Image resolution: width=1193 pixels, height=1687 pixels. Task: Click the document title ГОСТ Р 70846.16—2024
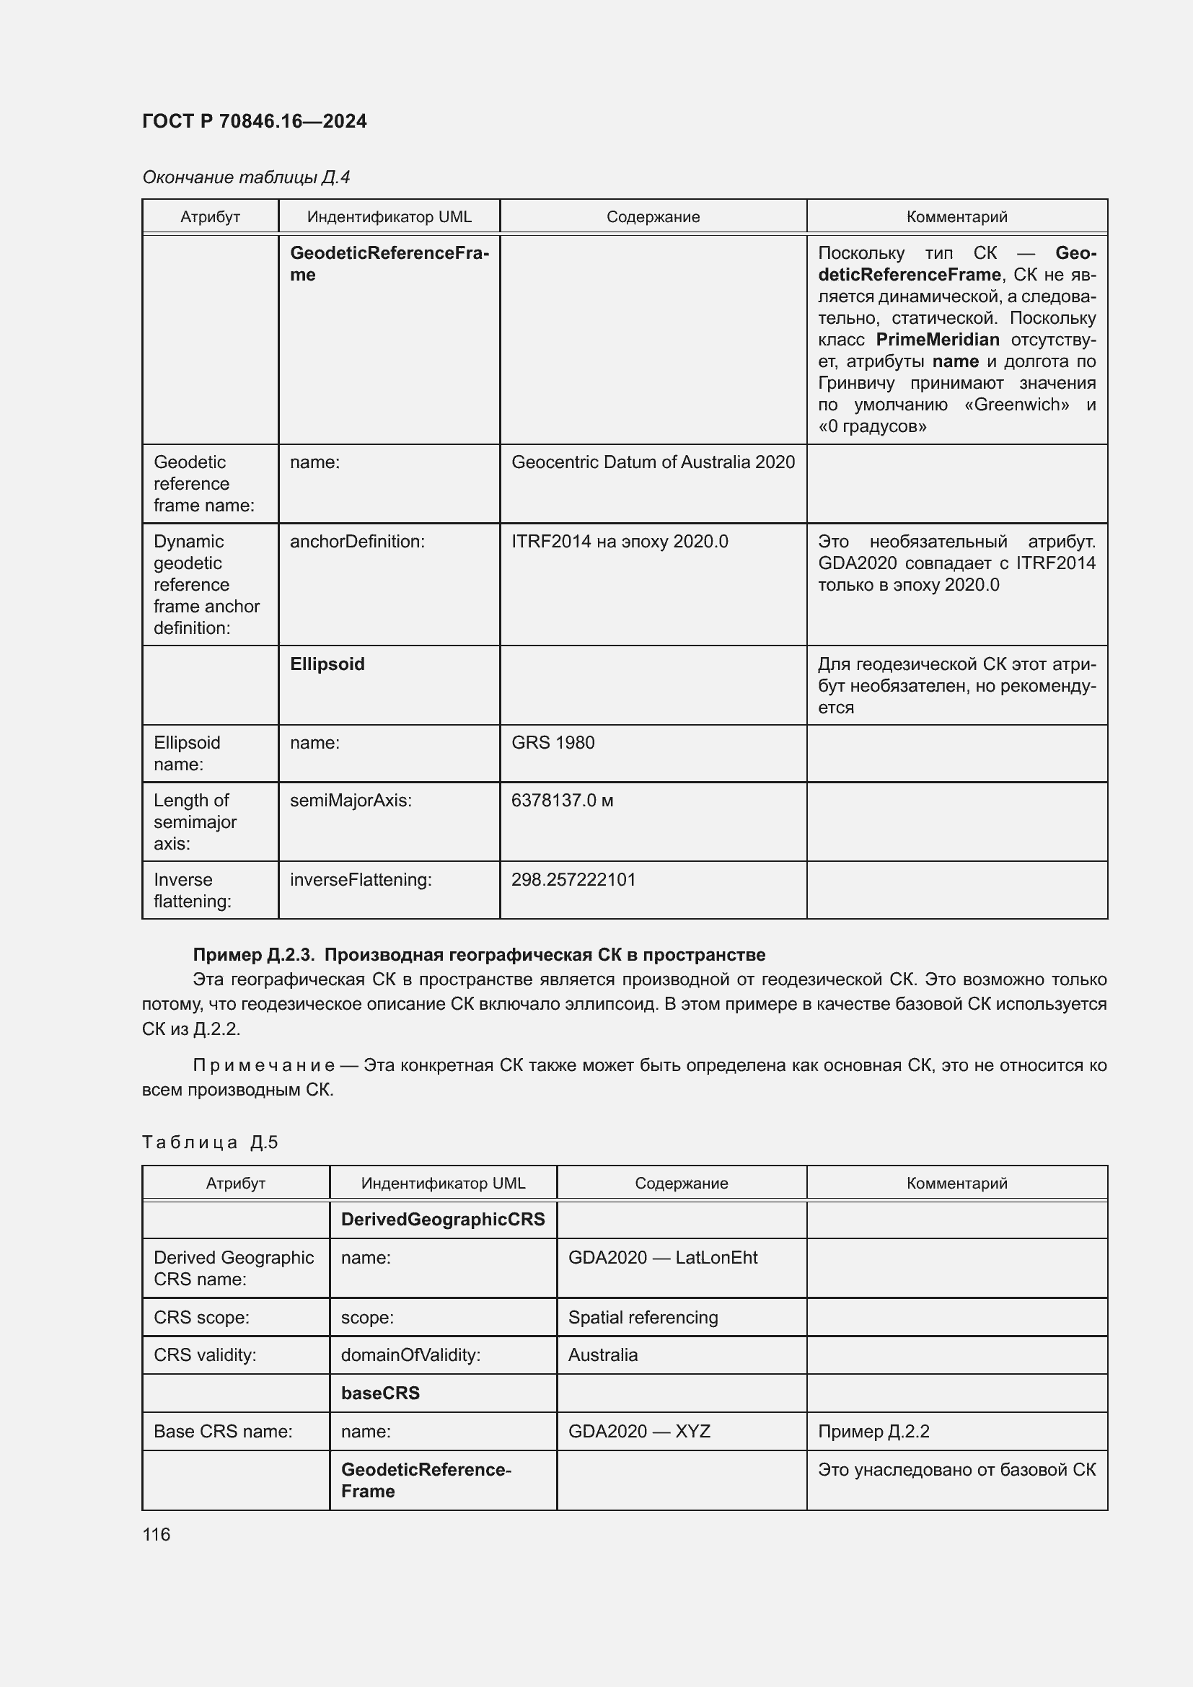tap(254, 121)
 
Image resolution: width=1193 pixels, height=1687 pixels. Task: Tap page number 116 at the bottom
tap(156, 1534)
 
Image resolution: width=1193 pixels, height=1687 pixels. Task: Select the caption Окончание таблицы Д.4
tap(246, 177)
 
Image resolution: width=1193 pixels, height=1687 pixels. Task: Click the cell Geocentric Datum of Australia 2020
tap(652, 462)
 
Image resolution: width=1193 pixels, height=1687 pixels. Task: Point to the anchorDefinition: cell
tap(357, 542)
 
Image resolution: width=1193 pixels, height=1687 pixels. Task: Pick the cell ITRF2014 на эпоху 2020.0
tap(620, 542)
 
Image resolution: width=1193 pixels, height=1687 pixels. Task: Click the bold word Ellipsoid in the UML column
tap(327, 664)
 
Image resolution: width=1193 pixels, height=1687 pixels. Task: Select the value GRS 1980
tap(553, 743)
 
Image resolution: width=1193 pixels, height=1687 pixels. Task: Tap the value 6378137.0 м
tap(562, 800)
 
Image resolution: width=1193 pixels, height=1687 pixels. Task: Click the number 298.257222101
tap(573, 879)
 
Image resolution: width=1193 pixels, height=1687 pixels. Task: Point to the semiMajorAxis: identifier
tap(351, 800)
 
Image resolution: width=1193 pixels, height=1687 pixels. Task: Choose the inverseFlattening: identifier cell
tap(361, 879)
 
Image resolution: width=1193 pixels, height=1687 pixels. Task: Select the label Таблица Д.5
tap(209, 1142)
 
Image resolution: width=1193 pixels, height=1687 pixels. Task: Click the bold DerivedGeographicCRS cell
tap(442, 1220)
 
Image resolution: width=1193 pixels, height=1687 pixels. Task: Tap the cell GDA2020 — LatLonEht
tap(662, 1258)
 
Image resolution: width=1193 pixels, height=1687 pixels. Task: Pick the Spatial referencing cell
tap(643, 1318)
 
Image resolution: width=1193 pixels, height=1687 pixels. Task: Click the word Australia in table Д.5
tap(602, 1355)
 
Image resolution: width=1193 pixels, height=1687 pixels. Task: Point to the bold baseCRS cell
tap(380, 1393)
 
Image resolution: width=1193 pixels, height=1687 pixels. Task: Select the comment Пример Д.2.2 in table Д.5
tap(873, 1431)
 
